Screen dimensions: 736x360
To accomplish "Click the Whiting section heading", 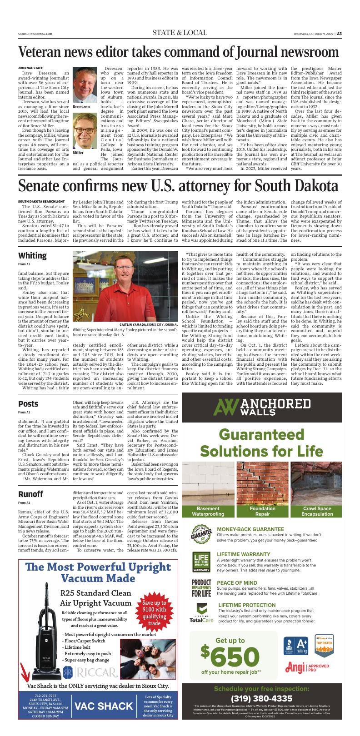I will tap(32, 255).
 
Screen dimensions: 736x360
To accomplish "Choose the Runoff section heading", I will tap(30, 494).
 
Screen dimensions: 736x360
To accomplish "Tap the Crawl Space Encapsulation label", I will tap(317, 511).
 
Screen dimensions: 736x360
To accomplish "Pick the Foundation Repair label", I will tap(262, 511).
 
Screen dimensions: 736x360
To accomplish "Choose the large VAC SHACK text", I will tap(104, 706).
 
